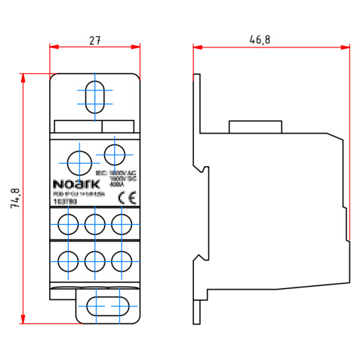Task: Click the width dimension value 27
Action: point(95,40)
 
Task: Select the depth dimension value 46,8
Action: point(260,40)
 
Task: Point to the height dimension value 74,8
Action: point(16,198)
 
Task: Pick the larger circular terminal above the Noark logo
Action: point(78,162)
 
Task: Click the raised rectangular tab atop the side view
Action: point(255,127)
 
